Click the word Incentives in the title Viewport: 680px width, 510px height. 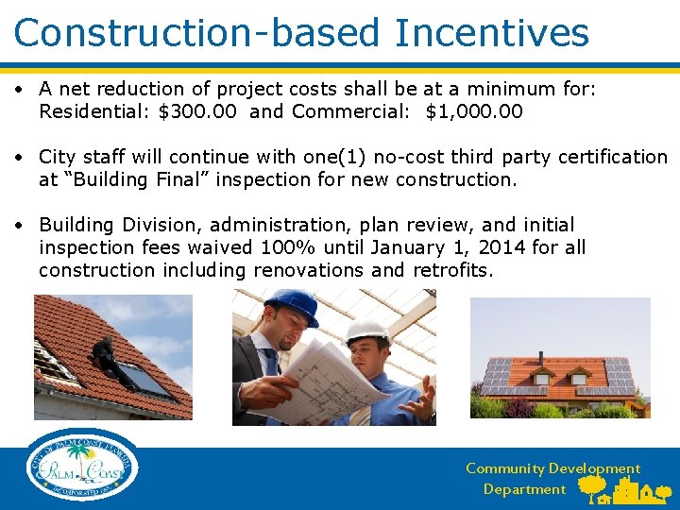tap(492, 32)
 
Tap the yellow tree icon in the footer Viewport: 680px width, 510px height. tap(593, 487)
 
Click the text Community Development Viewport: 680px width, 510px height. tap(552, 468)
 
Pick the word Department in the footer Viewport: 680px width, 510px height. tap(524, 489)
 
